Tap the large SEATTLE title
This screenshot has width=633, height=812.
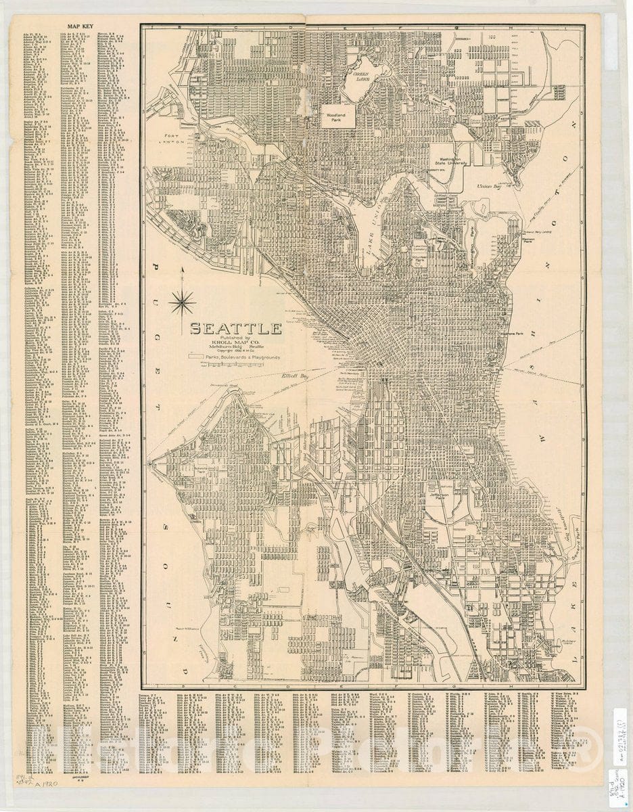pos(235,330)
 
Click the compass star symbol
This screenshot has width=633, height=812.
pos(183,302)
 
